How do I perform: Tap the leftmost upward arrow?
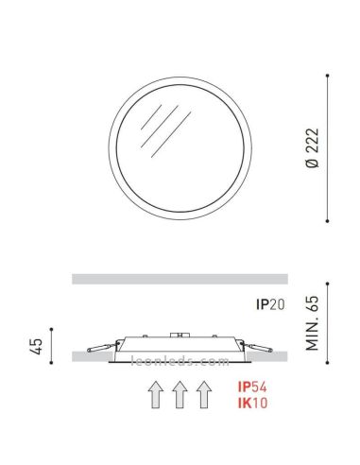coord(155,395)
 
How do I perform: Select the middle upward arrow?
coord(180,395)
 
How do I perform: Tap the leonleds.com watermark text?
coord(180,362)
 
